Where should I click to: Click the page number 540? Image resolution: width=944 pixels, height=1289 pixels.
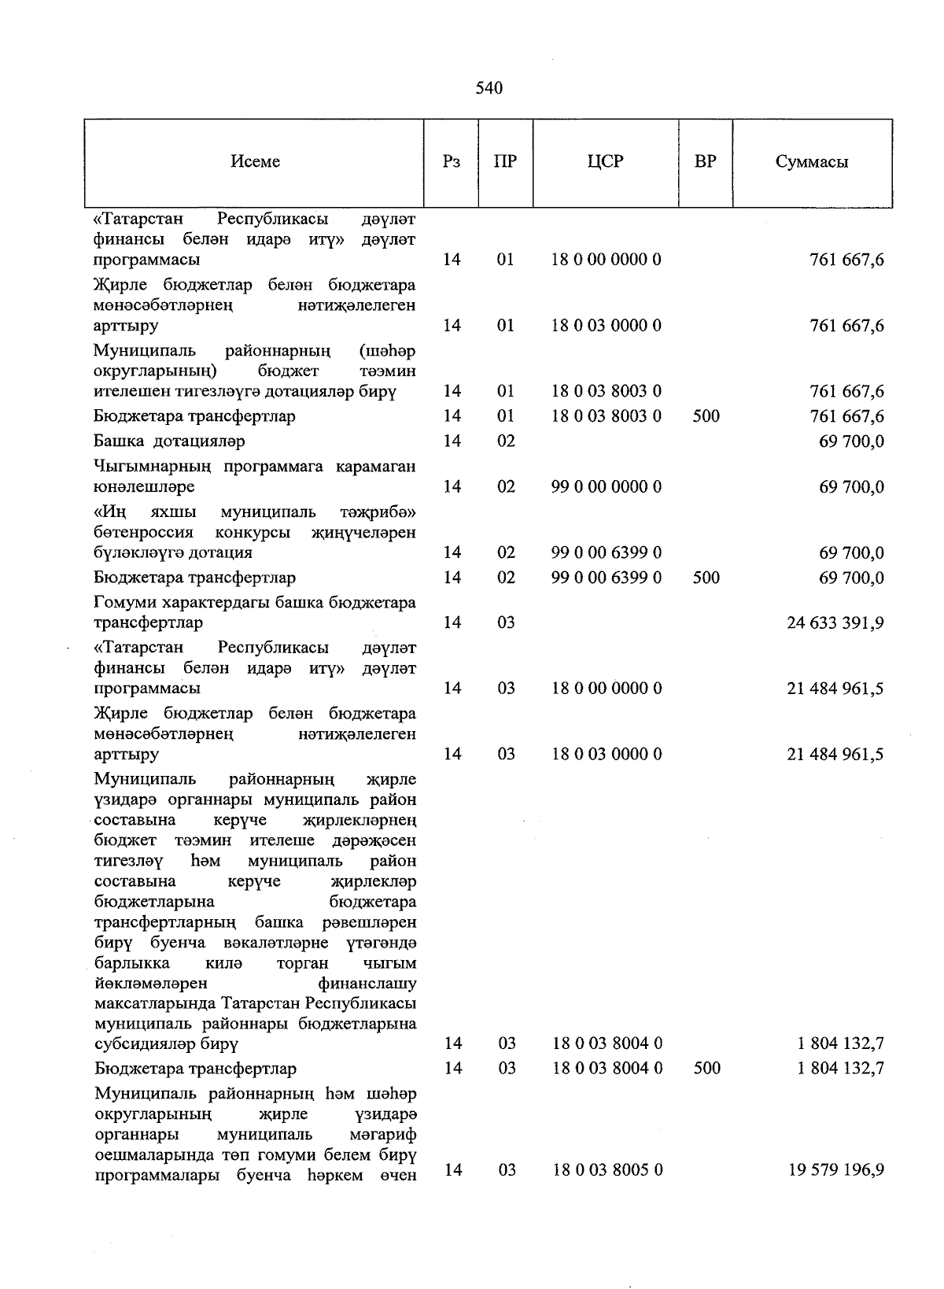(x=489, y=88)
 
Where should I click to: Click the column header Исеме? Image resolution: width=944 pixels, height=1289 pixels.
(x=256, y=161)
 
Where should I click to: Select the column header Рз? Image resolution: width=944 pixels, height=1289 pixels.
(x=451, y=161)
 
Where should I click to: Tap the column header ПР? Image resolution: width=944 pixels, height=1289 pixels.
(x=505, y=161)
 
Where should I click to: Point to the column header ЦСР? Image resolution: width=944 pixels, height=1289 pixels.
(x=605, y=161)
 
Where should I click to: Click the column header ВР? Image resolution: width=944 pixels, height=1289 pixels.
(x=706, y=161)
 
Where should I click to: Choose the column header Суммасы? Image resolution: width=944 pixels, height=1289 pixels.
(x=812, y=162)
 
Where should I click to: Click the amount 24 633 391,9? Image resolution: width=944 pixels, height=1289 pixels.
(x=835, y=623)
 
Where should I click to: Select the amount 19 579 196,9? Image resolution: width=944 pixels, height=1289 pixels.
(x=835, y=1170)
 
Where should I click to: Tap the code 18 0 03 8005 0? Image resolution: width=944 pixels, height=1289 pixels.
(x=607, y=1170)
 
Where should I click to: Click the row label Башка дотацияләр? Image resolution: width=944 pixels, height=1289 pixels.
(x=169, y=441)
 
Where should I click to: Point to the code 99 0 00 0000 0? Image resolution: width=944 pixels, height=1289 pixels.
(x=606, y=487)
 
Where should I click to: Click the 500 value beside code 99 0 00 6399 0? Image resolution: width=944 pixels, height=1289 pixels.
(x=706, y=578)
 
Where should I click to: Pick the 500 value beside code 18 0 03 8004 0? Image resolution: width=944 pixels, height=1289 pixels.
(x=706, y=1069)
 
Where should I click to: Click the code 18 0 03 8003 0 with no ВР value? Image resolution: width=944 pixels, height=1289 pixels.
(x=606, y=391)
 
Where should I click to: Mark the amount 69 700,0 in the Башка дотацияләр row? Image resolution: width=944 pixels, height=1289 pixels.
(x=851, y=441)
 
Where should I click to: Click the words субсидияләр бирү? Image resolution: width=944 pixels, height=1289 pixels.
(x=166, y=1044)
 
